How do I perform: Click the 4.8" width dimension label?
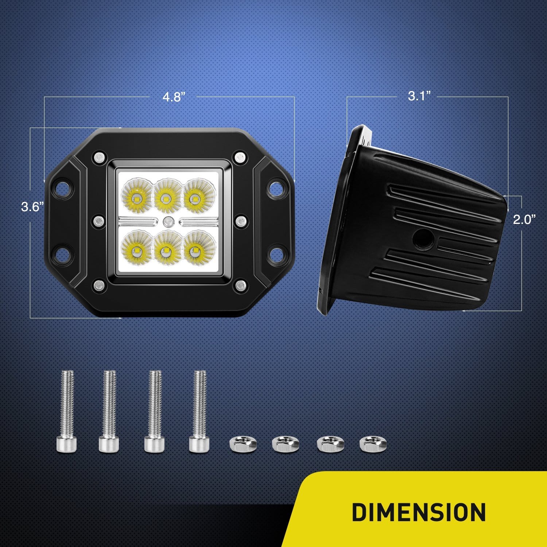[174, 97]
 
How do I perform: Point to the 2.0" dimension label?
[524, 220]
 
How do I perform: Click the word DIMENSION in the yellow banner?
[419, 512]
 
